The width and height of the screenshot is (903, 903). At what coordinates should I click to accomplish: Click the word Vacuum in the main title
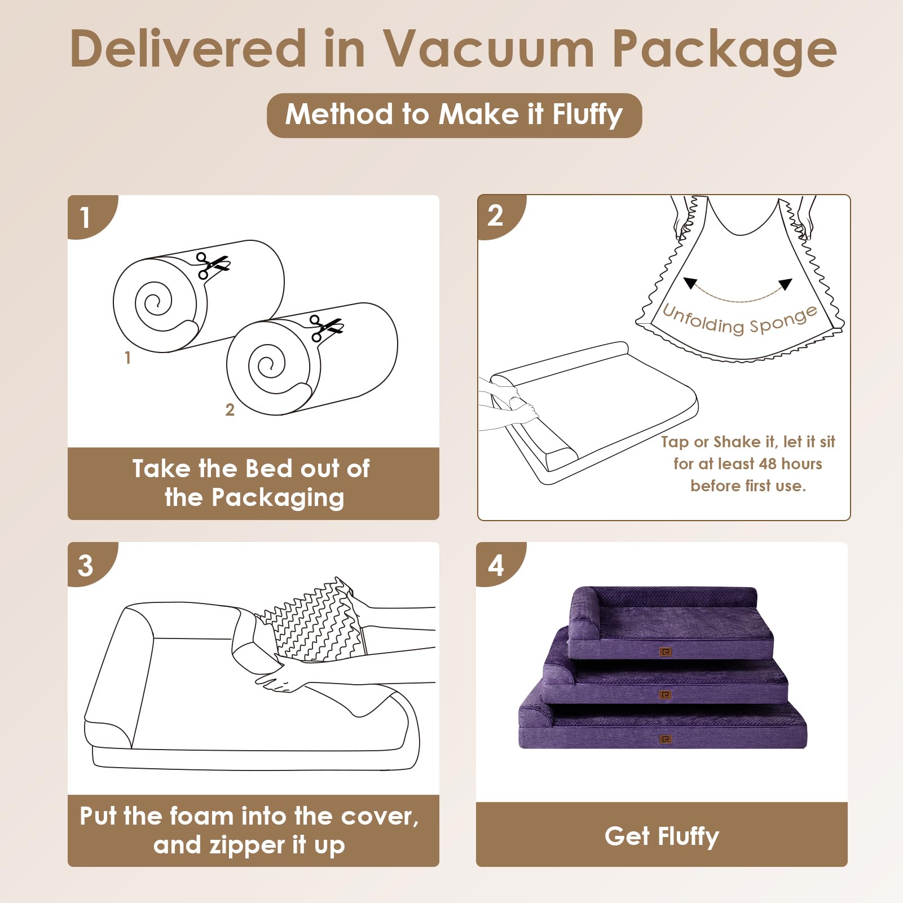click(488, 50)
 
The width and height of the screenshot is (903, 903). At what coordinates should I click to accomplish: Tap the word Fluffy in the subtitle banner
click(587, 114)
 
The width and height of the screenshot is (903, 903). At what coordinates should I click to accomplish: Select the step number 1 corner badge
click(86, 217)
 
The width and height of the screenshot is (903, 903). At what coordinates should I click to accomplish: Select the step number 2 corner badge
click(495, 215)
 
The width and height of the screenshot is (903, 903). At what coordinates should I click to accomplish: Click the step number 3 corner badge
click(86, 565)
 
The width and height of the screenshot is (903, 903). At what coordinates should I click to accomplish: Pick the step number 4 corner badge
click(495, 565)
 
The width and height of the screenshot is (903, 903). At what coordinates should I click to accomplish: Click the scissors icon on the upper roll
click(212, 265)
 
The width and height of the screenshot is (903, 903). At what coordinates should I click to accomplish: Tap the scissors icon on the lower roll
click(326, 328)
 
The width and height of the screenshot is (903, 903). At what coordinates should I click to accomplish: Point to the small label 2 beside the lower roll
click(230, 410)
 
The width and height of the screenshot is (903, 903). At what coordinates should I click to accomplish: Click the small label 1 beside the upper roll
click(127, 358)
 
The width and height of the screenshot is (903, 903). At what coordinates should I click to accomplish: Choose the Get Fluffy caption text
click(662, 836)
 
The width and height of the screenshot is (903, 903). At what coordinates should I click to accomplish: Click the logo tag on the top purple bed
click(666, 652)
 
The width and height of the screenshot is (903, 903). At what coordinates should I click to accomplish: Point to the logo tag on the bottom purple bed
click(666, 739)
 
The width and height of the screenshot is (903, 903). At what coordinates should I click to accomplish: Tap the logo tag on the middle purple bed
click(666, 695)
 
